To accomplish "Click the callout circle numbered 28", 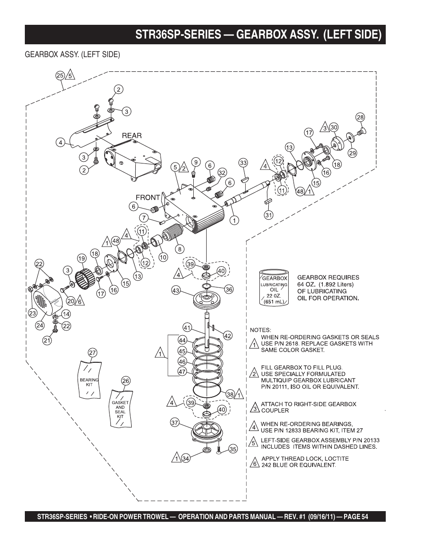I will click(x=360, y=117).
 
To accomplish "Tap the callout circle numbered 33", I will click(x=243, y=163).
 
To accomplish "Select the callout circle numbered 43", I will click(x=176, y=291).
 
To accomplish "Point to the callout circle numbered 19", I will click(x=81, y=258).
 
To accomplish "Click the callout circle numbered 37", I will click(x=175, y=423).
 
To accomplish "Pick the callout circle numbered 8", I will click(x=180, y=249).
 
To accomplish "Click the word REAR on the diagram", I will click(x=132, y=136).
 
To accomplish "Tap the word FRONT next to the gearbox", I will click(x=147, y=198).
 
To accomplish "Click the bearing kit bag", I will click(x=89, y=379).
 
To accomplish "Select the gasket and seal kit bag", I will click(x=120, y=408).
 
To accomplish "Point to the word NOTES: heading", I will click(x=260, y=330).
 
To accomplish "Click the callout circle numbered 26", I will click(x=126, y=381).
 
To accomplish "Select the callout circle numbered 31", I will click(x=269, y=215).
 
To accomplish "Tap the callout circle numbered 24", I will click(x=40, y=326).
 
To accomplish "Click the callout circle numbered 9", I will click(x=195, y=162).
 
